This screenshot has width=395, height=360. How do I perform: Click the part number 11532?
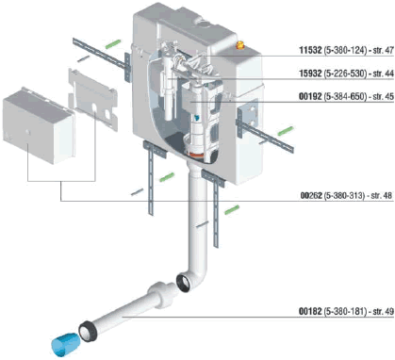310,50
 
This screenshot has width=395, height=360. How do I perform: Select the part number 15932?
310,74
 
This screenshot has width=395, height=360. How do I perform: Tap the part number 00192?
310,96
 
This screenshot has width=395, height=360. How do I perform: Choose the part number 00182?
310,311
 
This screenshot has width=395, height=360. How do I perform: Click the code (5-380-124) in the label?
345,50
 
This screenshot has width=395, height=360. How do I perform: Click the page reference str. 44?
383,74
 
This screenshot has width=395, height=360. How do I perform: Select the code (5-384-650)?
345,96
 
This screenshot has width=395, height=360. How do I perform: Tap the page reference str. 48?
382,195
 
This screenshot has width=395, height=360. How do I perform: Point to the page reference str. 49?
383,311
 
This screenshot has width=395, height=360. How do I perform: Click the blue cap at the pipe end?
64,345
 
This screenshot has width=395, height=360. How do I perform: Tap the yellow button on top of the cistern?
240,45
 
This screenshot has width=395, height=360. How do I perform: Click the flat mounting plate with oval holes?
93,98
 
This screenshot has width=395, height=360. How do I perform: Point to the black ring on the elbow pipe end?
184,283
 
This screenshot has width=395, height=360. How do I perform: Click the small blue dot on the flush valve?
197,118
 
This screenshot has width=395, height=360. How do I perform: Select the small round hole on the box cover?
28,132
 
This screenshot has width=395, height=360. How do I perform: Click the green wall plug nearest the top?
113,43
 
